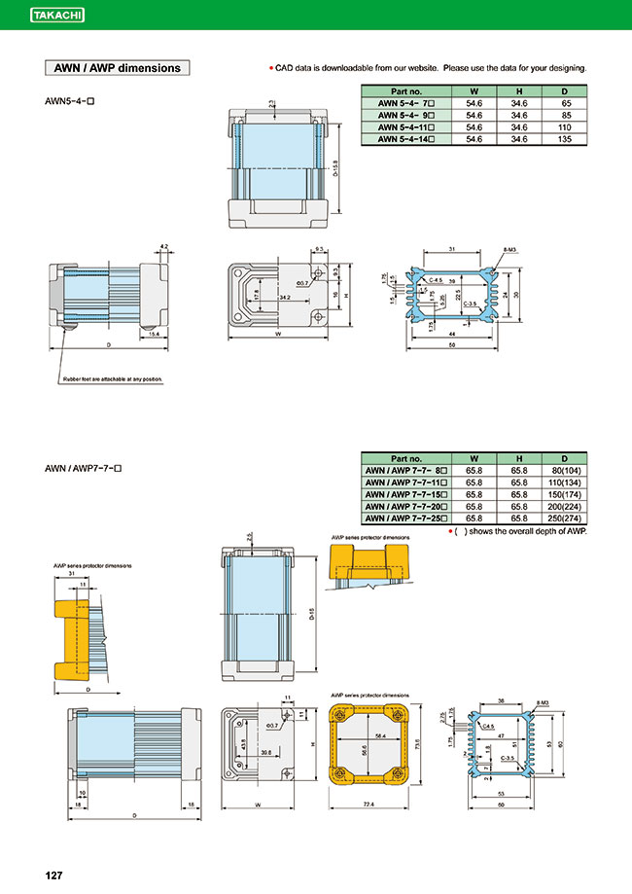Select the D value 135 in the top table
coord(566,140)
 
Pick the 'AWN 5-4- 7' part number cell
coord(405,102)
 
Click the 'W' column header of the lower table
coord(474,456)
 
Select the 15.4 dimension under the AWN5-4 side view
coord(155,334)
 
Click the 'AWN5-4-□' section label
coord(74,101)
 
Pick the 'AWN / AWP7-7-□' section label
coord(84,469)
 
